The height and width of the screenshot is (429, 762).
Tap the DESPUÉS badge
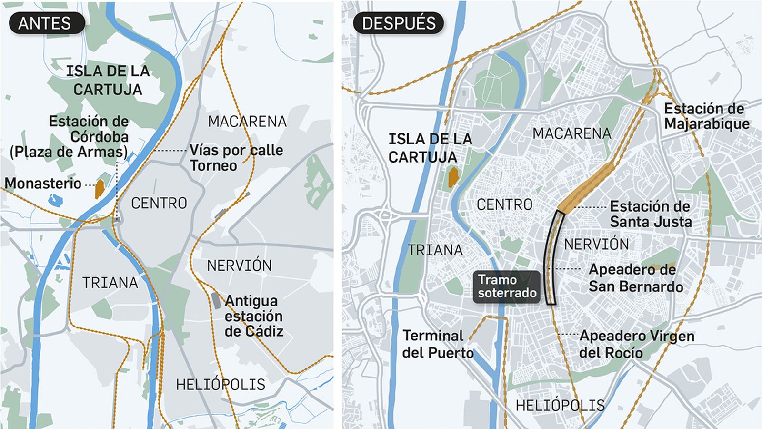point(399,23)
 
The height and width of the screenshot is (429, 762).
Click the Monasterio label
point(43,184)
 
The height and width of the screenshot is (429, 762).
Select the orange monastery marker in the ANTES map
point(100,189)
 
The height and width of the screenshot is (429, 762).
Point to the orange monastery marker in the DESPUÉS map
point(453,177)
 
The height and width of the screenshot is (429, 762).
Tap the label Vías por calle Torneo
point(236,158)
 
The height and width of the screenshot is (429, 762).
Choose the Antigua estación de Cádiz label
point(254,316)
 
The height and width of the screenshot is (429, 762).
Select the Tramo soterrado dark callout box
point(507,286)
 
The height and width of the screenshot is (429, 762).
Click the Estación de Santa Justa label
point(651,214)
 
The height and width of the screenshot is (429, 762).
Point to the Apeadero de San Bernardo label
point(635,278)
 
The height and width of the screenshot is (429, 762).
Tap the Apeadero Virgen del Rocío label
point(636,344)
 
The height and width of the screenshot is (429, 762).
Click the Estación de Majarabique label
point(706,116)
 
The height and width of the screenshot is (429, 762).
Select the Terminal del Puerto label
point(437,344)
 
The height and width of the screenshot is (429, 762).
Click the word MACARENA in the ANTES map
point(247,122)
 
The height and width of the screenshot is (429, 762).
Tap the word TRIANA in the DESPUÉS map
point(435,250)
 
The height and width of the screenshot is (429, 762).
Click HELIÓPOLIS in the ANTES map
point(221,385)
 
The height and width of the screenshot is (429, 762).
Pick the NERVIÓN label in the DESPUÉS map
point(596,245)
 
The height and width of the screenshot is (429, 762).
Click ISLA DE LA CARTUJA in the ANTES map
point(108,81)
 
